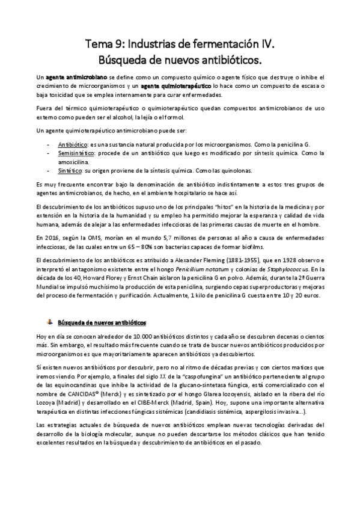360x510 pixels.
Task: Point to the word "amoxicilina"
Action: pyautogui.click(x=75, y=162)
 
